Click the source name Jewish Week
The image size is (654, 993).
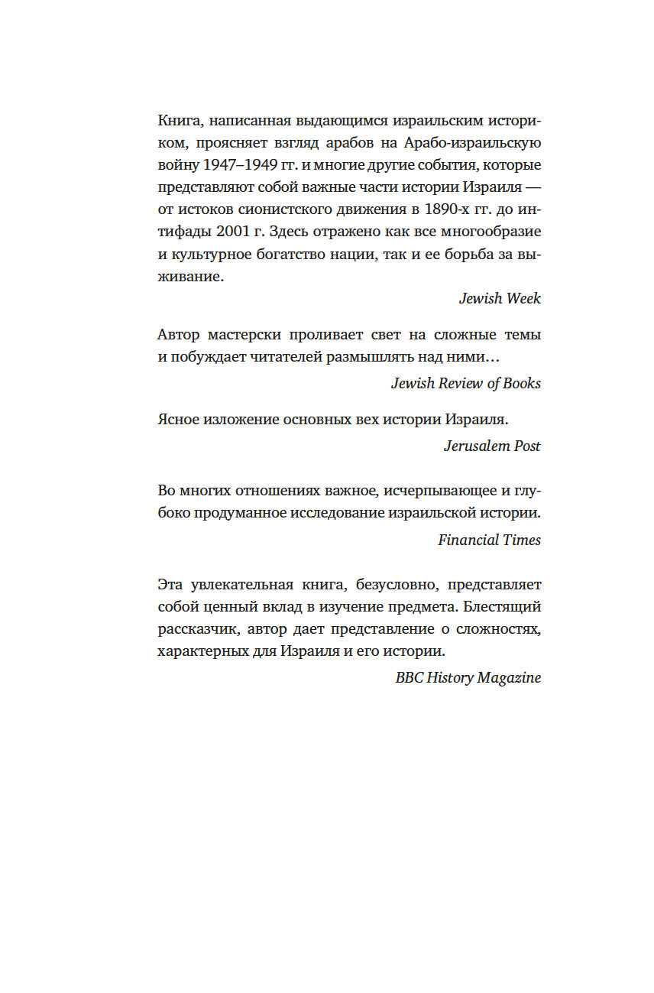point(500,298)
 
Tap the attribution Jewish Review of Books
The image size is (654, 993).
point(466,383)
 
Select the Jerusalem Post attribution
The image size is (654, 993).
point(492,446)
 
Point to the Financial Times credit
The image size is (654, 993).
point(489,540)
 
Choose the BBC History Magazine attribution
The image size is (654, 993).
point(468,677)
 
